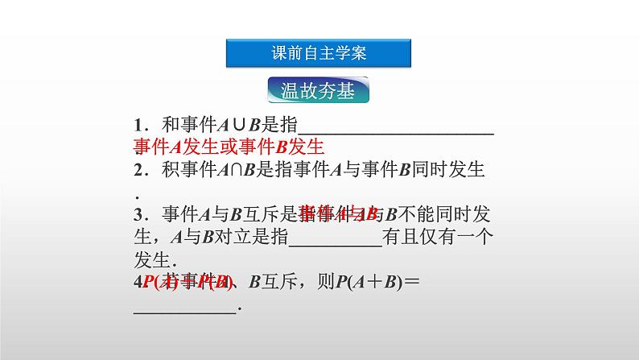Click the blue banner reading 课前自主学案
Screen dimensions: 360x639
pos(319,53)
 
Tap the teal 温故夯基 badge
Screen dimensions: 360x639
pos(319,90)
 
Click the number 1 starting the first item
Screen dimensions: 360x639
pos(138,126)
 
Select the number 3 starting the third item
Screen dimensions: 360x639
pos(138,214)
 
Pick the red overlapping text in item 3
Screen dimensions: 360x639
pos(338,213)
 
